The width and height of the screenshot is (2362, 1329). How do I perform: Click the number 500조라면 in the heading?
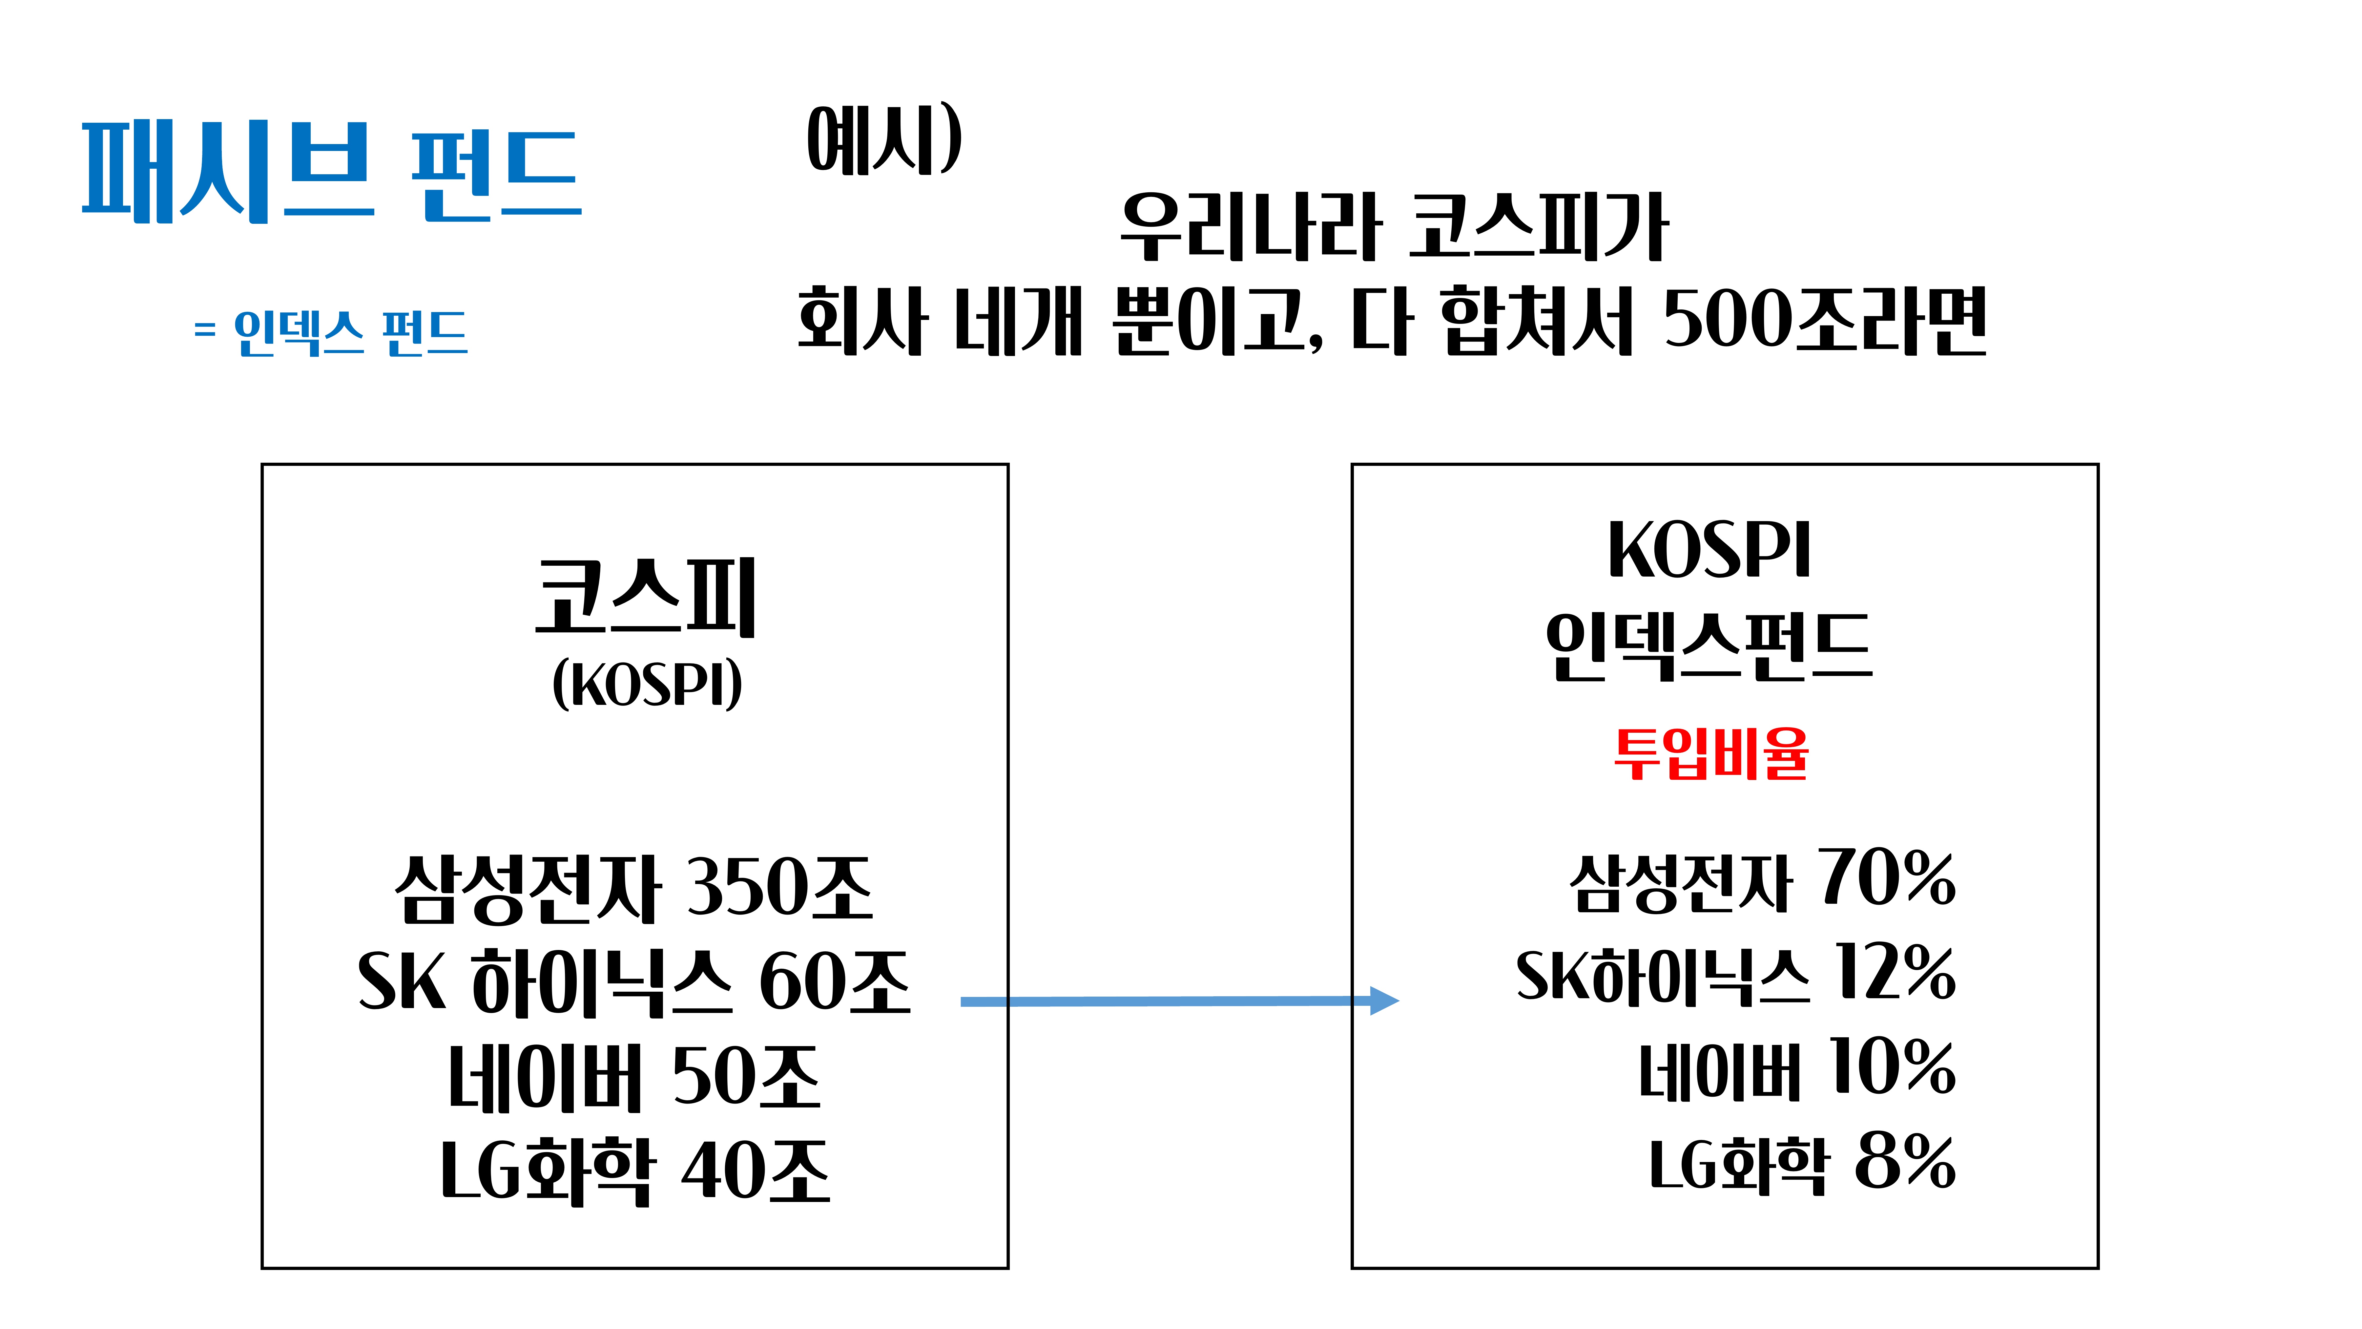[1825, 321]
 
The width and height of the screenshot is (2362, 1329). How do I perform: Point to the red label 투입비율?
[1711, 754]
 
